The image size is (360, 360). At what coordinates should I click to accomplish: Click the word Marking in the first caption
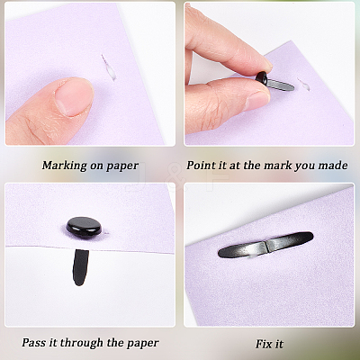(63, 166)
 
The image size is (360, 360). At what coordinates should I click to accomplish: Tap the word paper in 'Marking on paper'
(122, 166)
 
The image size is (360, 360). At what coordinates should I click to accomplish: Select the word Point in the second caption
(201, 166)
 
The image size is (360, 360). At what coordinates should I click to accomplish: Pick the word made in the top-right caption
(333, 166)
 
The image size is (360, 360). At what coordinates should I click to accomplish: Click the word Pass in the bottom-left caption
(34, 343)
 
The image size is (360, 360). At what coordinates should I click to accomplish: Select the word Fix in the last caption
(264, 344)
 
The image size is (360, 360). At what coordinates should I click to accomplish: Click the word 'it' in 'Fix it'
(279, 344)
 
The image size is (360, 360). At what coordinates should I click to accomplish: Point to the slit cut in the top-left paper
(108, 67)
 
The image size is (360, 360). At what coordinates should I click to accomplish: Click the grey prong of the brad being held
(280, 85)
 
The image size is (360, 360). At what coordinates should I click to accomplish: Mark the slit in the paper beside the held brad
(303, 84)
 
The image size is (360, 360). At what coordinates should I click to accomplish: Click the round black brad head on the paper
(84, 226)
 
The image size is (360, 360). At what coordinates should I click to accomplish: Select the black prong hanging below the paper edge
(80, 267)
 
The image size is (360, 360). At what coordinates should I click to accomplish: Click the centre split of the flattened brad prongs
(265, 247)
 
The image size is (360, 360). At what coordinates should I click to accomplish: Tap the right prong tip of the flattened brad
(310, 237)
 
